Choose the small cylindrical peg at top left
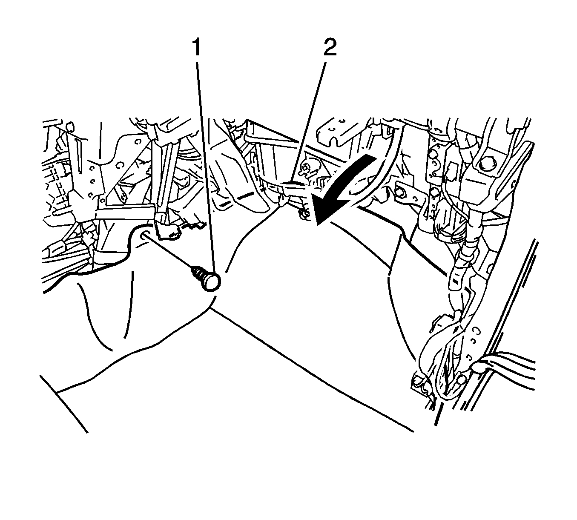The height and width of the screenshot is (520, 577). pyautogui.click(x=71, y=126)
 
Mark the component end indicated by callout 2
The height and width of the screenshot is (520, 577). pyautogui.click(x=294, y=186)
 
